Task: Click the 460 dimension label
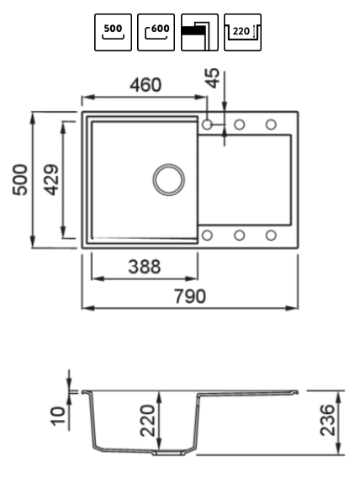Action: pos(146,85)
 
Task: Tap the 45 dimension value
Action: pos(213,78)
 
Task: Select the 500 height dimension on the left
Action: pos(20,179)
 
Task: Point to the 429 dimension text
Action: pos(50,179)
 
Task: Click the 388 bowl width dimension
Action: pos(145,267)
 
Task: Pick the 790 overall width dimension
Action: pos(190,296)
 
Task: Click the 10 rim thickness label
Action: pos(58,416)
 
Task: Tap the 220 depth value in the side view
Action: pos(148,421)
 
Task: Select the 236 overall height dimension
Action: pos(328,420)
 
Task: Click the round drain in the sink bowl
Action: pos(169,179)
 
